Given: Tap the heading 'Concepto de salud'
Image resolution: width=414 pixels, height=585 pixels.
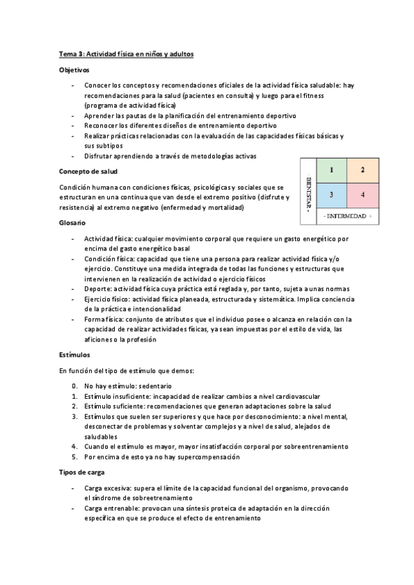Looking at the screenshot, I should [x=88, y=171].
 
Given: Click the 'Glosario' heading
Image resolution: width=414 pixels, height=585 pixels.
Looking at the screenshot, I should [x=72, y=222].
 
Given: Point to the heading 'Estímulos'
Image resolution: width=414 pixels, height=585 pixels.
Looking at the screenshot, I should [x=74, y=355].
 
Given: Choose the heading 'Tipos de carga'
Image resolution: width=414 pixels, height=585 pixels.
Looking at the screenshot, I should [x=82, y=473].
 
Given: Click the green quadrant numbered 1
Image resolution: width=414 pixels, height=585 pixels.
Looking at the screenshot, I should [x=332, y=170].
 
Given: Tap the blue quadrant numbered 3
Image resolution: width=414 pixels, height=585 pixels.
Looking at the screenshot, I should [x=332, y=195].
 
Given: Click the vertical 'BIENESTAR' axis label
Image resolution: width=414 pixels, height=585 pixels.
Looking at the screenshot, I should [x=307, y=188].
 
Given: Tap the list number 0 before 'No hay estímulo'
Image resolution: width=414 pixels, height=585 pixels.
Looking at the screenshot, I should [x=75, y=386].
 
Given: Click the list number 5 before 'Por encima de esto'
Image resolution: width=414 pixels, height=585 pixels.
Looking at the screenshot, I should [x=75, y=457].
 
